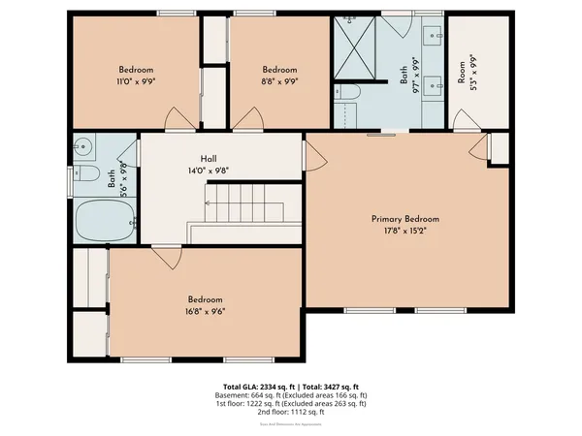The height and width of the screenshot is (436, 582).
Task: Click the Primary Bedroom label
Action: click(x=405, y=219)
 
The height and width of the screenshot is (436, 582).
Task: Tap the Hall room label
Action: click(x=209, y=159)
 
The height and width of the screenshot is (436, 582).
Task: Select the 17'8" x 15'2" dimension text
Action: click(x=405, y=231)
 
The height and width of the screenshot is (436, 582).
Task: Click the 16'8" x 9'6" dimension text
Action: click(x=206, y=311)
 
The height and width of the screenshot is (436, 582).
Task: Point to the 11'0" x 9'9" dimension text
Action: click(x=137, y=81)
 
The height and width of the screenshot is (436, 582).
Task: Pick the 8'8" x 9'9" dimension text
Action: click(x=279, y=81)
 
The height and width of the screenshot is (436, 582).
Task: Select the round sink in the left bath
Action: click(x=84, y=148)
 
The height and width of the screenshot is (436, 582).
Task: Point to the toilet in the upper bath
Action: click(x=349, y=93)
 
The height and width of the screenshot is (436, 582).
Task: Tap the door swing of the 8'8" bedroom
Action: click(x=247, y=120)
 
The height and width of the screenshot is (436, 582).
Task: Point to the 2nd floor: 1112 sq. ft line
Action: click(x=291, y=412)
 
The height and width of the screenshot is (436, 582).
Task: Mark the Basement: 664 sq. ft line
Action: click(x=291, y=396)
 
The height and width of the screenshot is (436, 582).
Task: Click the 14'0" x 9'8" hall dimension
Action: click(x=209, y=171)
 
